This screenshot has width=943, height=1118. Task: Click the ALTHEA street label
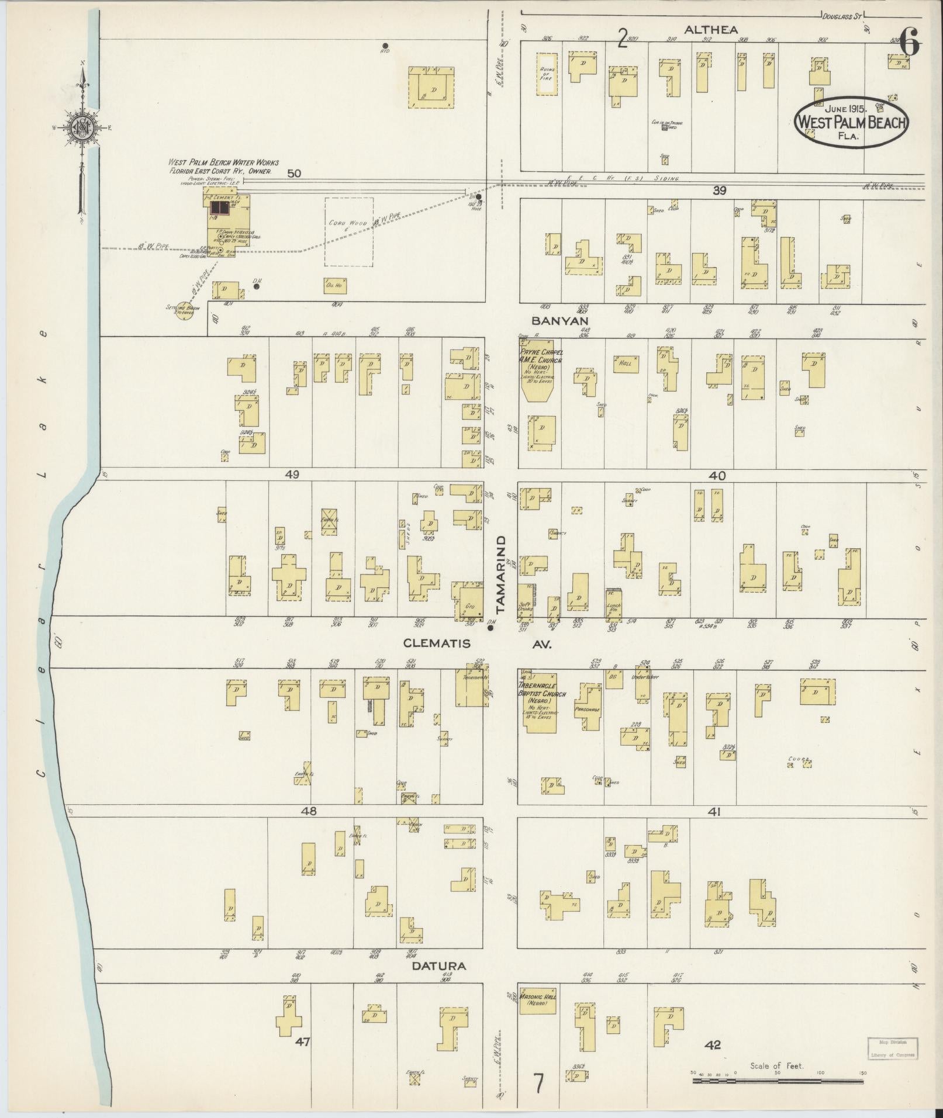click(x=711, y=29)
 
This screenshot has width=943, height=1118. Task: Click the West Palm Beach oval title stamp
click(x=850, y=122)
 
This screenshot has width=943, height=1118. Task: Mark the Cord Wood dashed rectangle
click(x=349, y=231)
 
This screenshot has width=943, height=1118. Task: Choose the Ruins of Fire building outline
click(x=547, y=74)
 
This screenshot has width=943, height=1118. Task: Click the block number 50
click(x=294, y=174)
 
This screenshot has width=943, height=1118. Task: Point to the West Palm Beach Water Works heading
click(x=223, y=162)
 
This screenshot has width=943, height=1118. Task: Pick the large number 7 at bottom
click(x=538, y=1084)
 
